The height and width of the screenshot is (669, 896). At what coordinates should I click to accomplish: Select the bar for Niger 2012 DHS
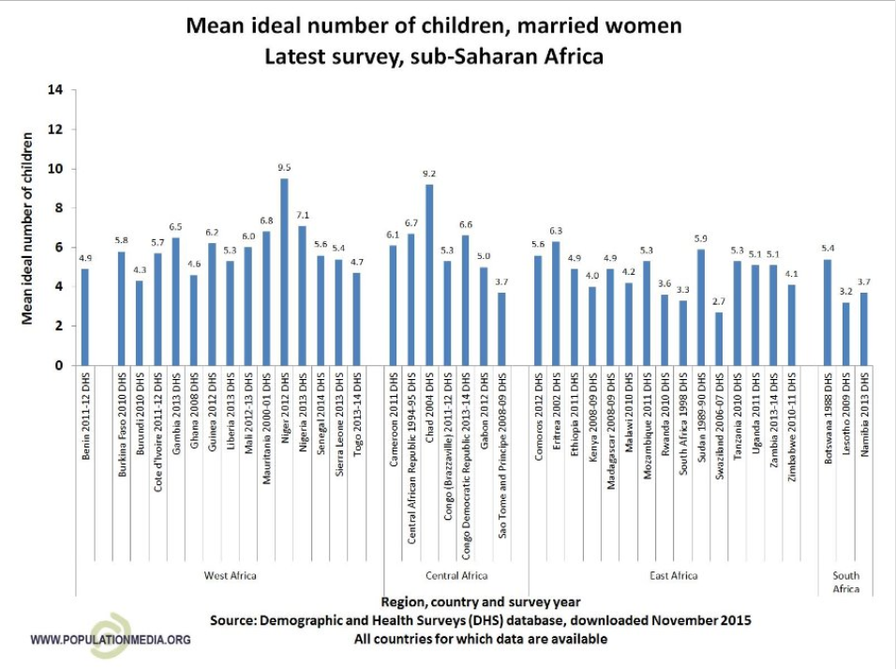[284, 272]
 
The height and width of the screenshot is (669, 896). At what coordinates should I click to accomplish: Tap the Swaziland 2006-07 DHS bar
[719, 339]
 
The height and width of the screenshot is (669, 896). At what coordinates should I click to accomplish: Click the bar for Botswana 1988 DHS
[827, 312]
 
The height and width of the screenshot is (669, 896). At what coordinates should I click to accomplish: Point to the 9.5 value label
[284, 169]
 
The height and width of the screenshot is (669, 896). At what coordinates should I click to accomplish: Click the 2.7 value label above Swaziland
[719, 303]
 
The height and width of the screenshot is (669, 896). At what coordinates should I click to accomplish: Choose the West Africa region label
[230, 573]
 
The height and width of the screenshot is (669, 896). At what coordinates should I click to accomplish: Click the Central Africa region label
[455, 573]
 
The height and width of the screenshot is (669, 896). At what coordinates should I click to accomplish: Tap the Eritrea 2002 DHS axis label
[556, 417]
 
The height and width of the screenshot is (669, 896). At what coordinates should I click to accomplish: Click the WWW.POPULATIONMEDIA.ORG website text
[111, 640]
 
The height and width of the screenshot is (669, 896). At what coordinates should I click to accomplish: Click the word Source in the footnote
[236, 620]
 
